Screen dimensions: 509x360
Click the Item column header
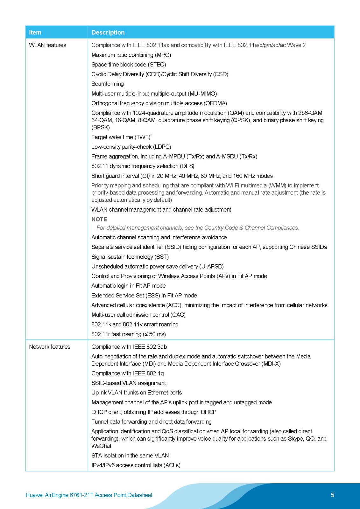(35, 32)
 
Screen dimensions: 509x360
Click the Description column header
(108, 32)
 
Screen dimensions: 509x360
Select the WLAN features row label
(47, 45)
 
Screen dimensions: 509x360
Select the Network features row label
(50, 347)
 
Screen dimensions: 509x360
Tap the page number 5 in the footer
(332, 495)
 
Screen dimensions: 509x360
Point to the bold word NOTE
(99, 219)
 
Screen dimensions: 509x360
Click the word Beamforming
(108, 84)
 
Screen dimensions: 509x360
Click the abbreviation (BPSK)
(101, 127)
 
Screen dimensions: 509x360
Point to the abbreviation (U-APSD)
(211, 267)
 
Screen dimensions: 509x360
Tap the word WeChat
(101, 446)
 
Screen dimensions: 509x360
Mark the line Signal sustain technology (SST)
(130, 257)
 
